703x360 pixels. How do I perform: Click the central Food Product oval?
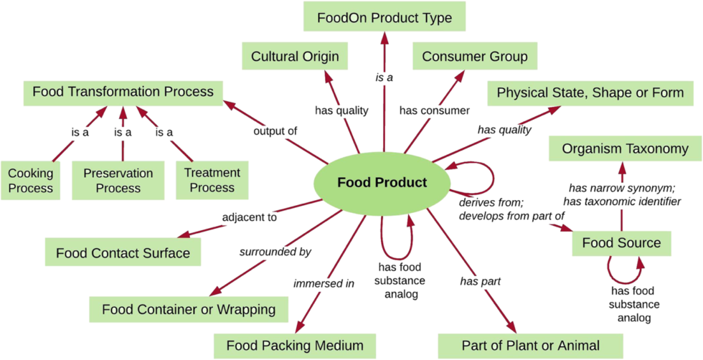[x=382, y=182]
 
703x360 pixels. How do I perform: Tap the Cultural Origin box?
[x=295, y=56]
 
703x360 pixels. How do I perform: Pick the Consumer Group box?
[x=474, y=56]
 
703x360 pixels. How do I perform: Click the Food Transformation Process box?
[x=123, y=92]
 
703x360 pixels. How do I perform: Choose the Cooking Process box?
[x=30, y=181]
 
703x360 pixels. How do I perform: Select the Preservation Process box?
[x=118, y=181]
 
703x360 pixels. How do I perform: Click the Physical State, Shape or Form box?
[x=590, y=93]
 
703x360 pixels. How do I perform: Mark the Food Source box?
[x=621, y=243]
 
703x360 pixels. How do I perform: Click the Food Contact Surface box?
[x=123, y=252]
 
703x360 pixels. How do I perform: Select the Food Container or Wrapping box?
[x=189, y=310]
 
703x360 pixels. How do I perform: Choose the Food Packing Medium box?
[x=295, y=346]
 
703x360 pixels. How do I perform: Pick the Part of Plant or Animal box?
[x=530, y=346]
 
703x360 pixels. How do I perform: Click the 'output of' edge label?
[x=275, y=131]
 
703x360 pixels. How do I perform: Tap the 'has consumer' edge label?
[x=434, y=110]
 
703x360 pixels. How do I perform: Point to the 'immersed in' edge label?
[x=324, y=283]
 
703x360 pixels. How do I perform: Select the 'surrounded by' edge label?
[x=275, y=251]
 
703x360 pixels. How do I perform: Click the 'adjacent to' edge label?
[x=249, y=217]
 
